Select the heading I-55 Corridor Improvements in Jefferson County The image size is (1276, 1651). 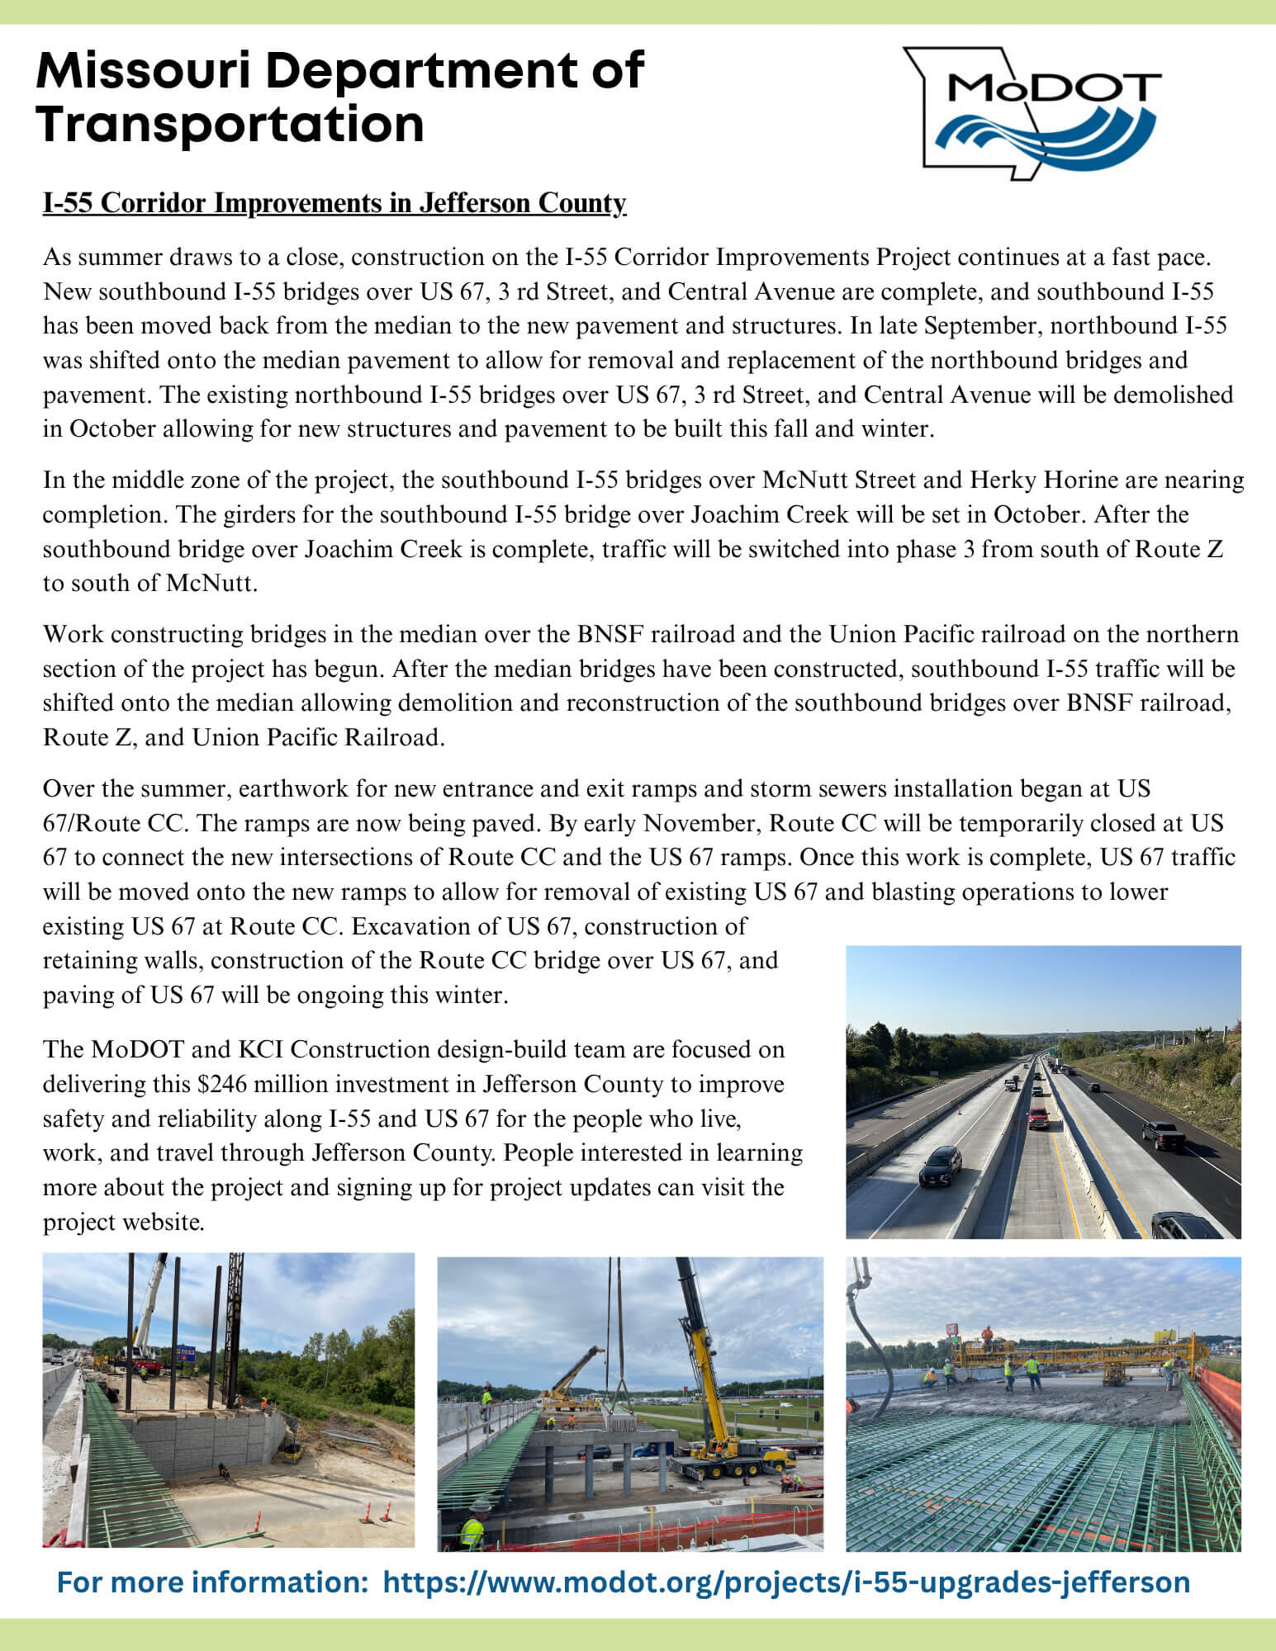(334, 203)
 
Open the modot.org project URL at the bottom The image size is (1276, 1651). (786, 1582)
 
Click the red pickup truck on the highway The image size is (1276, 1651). (1038, 1117)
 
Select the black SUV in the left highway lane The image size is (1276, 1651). (940, 1164)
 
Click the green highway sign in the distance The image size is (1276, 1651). (1055, 1050)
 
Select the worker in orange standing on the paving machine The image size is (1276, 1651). (986, 1334)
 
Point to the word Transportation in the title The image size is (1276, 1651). (230, 124)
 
